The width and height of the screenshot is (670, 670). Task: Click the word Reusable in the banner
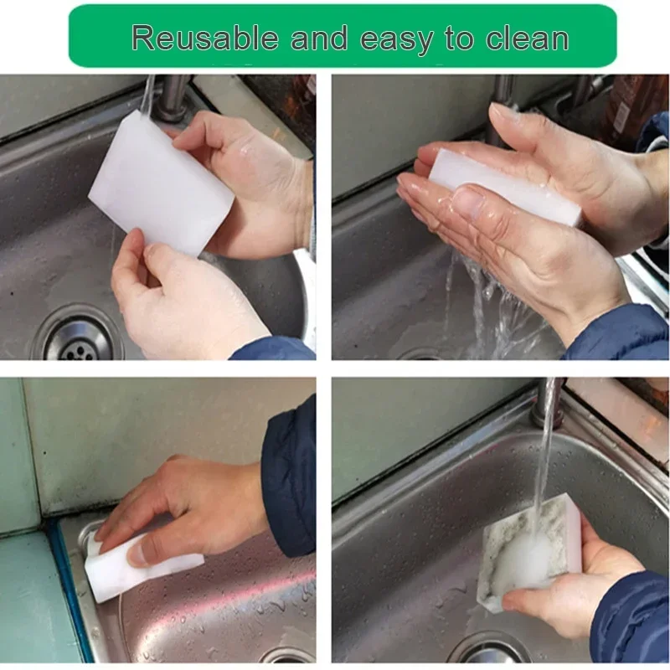pos(204,38)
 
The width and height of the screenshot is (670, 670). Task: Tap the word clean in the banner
pos(522,38)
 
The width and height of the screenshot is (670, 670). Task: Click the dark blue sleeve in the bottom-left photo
pos(289,477)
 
